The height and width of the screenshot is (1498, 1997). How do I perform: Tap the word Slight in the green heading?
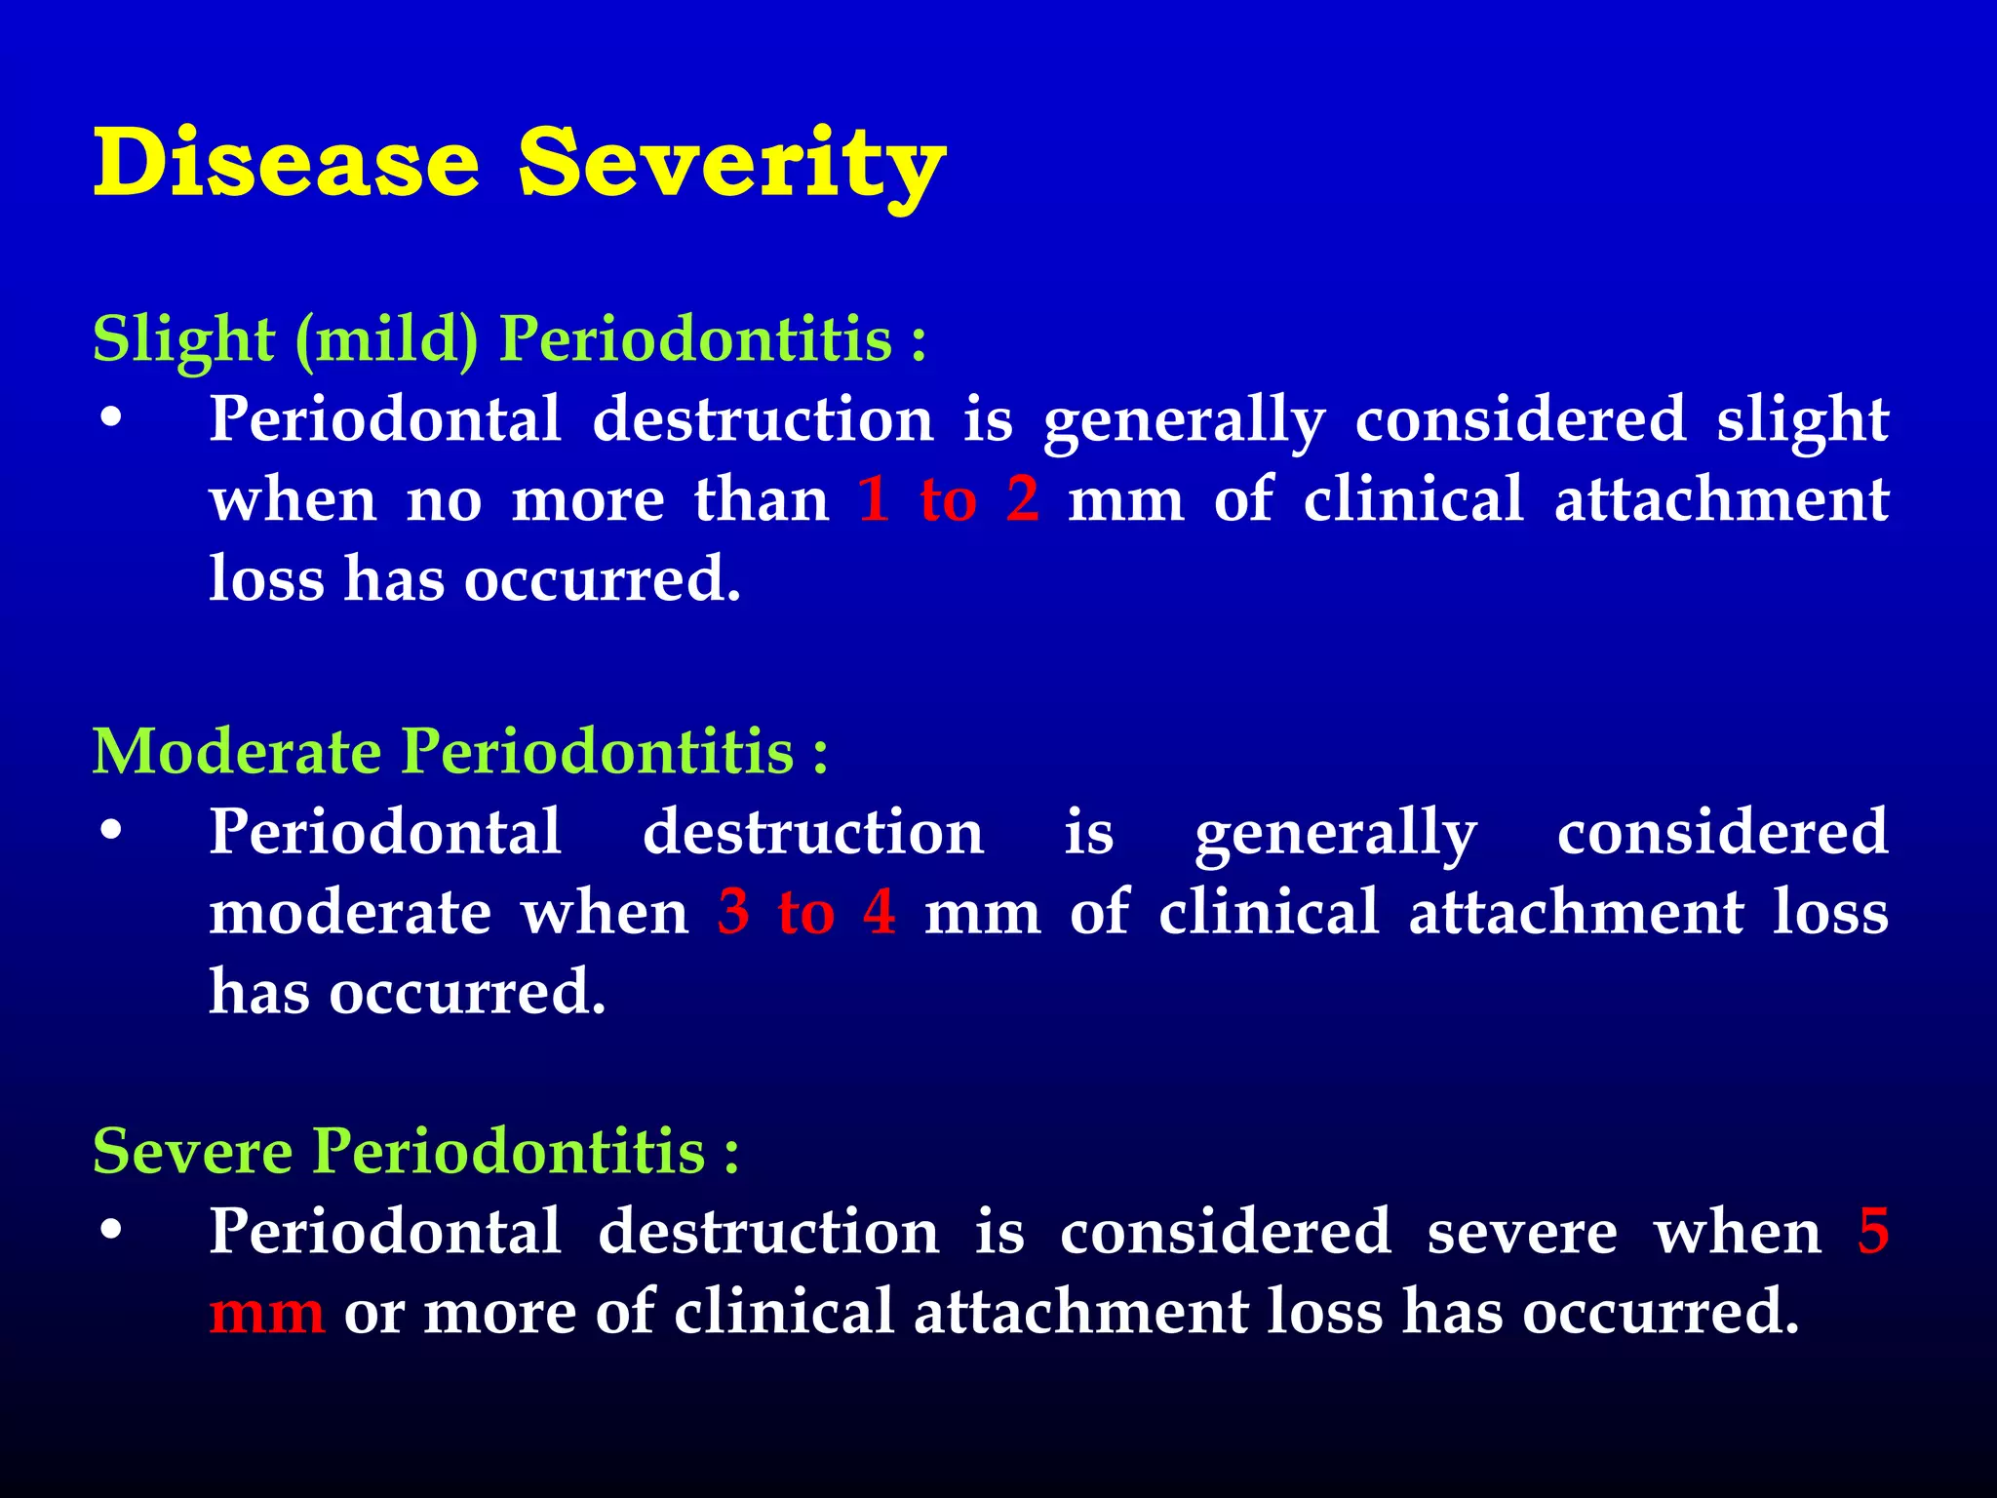(183, 339)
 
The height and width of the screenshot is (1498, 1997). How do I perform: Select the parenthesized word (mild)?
(386, 341)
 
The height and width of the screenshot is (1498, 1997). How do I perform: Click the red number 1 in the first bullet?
(874, 499)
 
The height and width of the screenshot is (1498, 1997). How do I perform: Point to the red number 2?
(1022, 499)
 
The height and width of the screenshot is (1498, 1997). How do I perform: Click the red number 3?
(733, 912)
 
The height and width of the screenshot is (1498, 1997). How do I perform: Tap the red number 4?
(879, 912)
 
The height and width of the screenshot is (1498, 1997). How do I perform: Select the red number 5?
(1873, 1231)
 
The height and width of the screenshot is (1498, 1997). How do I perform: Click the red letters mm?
(266, 1313)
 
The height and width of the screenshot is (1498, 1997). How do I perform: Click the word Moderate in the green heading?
(237, 752)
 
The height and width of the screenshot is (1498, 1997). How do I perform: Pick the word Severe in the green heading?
(193, 1151)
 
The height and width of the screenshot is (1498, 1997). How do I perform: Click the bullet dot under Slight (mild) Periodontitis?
(112, 419)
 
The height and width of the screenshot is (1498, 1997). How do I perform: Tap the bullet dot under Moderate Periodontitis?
(112, 832)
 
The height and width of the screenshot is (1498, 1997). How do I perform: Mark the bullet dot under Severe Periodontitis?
(112, 1231)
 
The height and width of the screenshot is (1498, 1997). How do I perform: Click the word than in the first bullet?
(761, 499)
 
